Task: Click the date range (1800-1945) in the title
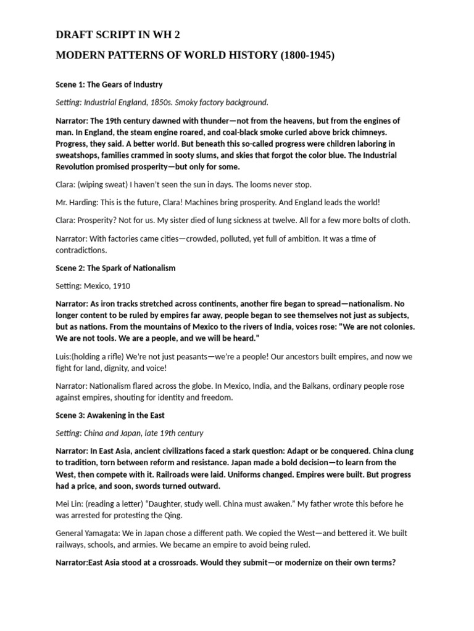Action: [x=307, y=55]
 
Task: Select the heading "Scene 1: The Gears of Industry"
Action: [x=109, y=84]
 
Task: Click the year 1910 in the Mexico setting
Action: [x=120, y=286]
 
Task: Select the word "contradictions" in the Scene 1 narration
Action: [x=81, y=250]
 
